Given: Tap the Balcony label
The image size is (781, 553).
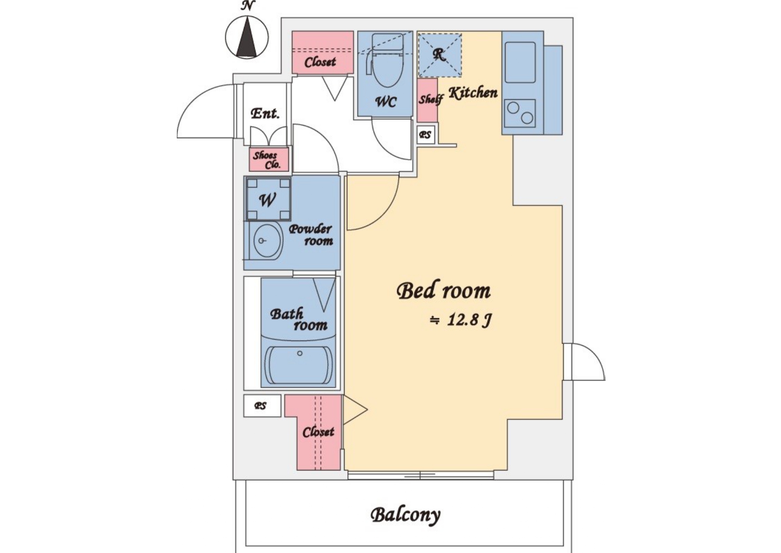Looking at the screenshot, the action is [405, 515].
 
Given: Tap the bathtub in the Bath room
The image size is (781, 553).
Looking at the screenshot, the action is [299, 365].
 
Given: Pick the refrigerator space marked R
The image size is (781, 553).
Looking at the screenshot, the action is [439, 54].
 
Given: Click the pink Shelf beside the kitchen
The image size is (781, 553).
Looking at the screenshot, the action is [427, 100].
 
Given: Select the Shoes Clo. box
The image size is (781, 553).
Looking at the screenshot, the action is [268, 160].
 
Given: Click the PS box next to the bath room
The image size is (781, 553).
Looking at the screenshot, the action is [262, 406].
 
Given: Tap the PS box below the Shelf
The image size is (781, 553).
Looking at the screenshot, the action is [426, 135].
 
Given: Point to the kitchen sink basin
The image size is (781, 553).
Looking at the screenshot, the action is [520, 62].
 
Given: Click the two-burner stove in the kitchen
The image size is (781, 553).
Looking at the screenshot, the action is [520, 113].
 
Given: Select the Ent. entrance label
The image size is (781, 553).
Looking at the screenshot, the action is [265, 113].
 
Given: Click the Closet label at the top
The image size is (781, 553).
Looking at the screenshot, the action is [320, 62].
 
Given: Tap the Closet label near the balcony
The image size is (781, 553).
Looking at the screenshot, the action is [318, 432].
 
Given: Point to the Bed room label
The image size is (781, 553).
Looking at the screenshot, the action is [443, 291].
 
